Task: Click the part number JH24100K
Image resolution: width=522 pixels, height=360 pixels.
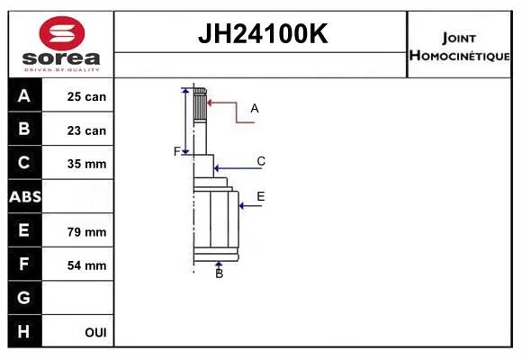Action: [x=263, y=33]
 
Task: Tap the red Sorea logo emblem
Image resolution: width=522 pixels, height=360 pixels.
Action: [x=62, y=33]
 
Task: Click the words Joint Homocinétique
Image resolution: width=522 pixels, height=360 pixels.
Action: [x=459, y=47]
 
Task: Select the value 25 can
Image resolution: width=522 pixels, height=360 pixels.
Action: [x=86, y=96]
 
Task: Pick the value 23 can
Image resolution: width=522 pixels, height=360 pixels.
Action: [x=86, y=130]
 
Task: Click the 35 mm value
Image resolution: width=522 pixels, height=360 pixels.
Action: [x=86, y=164]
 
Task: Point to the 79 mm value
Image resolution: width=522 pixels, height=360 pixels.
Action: [x=86, y=232]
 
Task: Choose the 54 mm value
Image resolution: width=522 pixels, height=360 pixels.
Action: [x=86, y=265]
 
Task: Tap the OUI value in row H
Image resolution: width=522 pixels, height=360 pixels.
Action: [x=95, y=332]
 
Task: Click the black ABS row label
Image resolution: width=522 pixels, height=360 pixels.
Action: [x=25, y=196]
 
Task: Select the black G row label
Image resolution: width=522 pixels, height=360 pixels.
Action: [x=25, y=297]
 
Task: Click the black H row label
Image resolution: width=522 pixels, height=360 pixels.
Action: [x=25, y=331]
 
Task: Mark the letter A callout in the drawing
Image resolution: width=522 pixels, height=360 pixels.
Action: [x=255, y=108]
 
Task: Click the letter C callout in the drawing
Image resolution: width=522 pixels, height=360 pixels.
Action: [x=261, y=161]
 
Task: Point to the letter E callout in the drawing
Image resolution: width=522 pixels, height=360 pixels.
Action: [x=261, y=196]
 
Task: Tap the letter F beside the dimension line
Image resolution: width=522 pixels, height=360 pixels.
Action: [x=177, y=151]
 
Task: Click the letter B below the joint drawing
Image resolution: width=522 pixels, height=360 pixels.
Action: [x=219, y=274]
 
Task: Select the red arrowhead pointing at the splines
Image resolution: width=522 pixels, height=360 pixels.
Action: [x=210, y=103]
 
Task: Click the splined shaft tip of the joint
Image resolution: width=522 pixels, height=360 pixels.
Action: [x=200, y=104]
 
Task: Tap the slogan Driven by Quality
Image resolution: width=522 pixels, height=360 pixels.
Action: [x=62, y=70]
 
